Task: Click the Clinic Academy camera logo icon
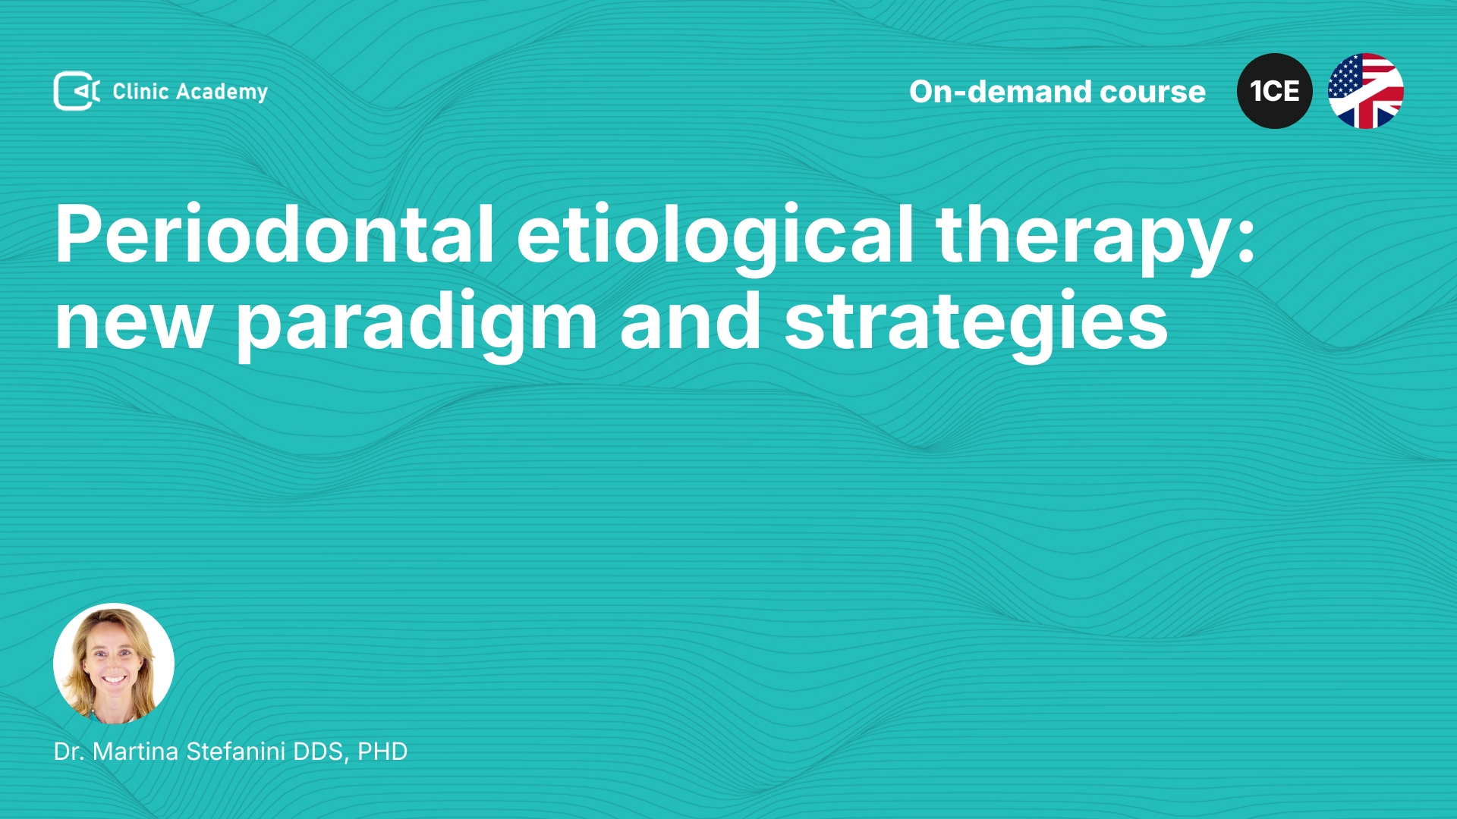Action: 77,91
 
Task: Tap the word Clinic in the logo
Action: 140,91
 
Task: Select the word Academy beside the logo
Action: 222,93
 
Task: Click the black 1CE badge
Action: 1275,91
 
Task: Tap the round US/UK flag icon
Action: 1366,91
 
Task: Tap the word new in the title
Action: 134,323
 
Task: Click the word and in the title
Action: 691,319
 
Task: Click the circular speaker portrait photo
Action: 114,664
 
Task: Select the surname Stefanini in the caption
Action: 236,752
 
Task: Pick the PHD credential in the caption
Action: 382,752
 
